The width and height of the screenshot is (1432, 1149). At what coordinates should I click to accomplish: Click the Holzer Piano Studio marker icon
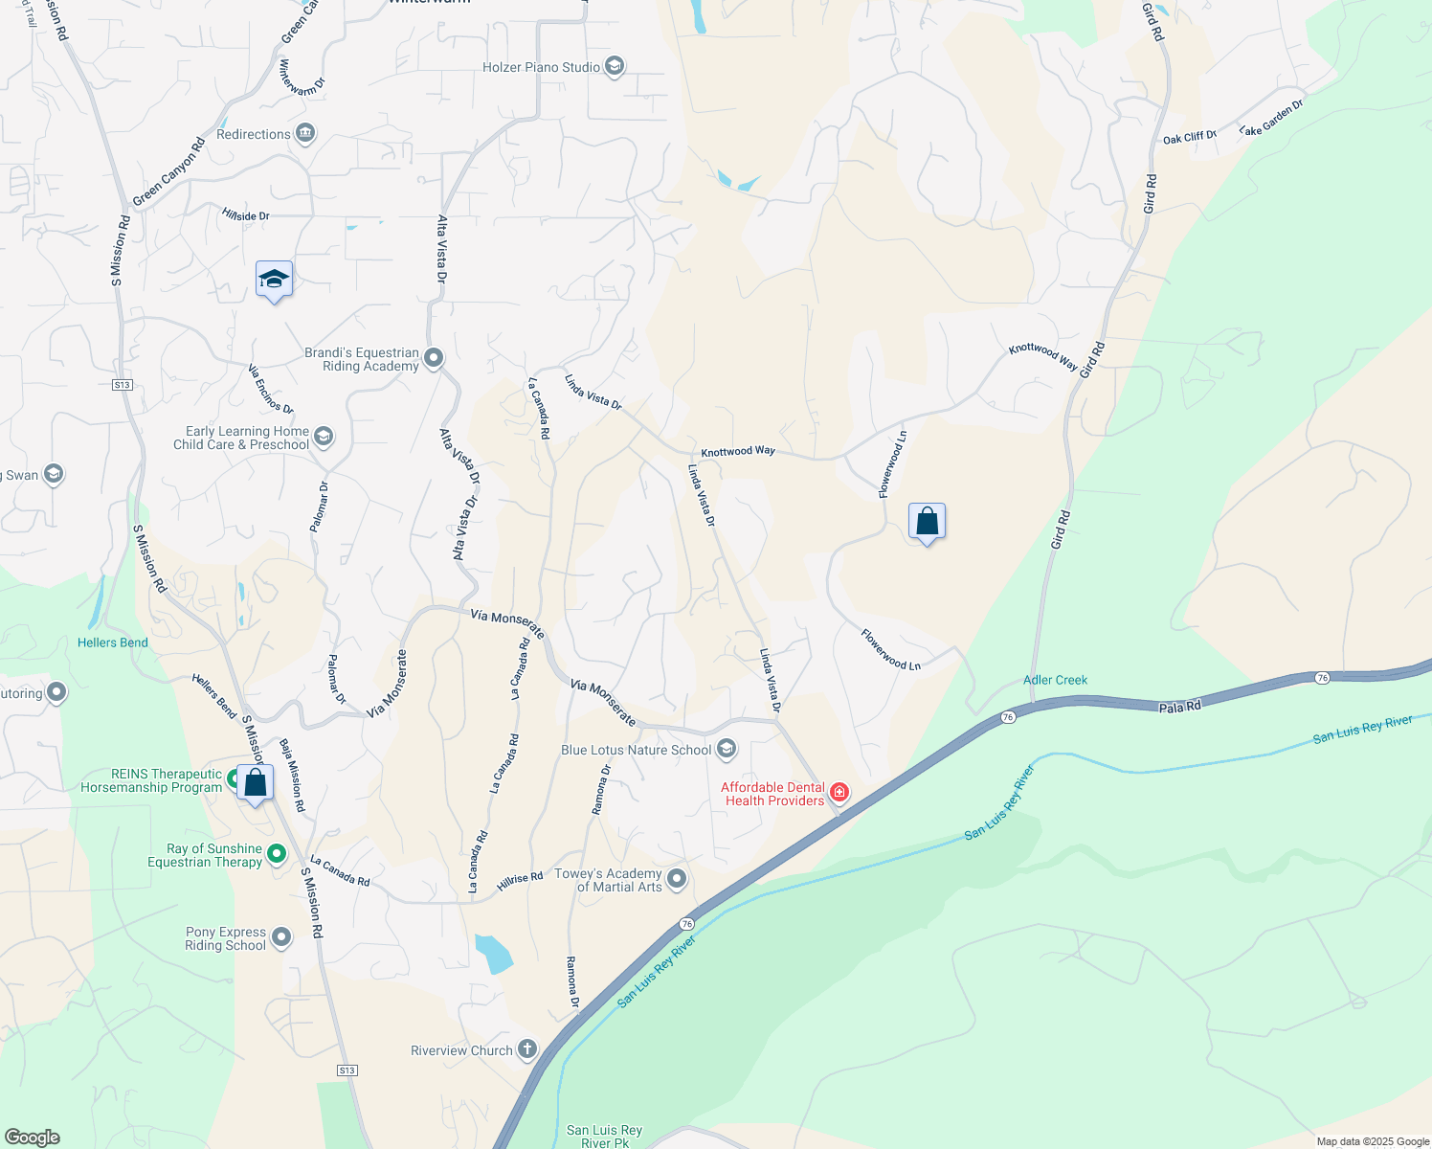[x=615, y=67]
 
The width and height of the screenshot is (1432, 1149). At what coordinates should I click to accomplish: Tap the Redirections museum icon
[x=305, y=133]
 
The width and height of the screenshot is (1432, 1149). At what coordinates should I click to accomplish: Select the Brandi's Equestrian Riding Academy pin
[x=434, y=358]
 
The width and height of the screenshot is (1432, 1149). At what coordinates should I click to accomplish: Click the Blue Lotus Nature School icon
[x=727, y=749]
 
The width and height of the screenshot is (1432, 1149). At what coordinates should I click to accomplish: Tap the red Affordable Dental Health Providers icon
[x=839, y=792]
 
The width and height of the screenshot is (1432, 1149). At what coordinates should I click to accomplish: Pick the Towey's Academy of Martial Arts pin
[x=677, y=879]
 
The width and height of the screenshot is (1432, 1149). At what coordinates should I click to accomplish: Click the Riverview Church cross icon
[x=527, y=1049]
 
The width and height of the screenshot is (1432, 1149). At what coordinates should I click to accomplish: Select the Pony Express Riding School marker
[x=280, y=937]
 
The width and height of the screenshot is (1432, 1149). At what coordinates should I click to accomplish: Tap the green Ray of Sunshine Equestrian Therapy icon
[x=277, y=853]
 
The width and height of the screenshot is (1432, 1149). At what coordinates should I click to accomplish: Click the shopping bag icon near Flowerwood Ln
[x=927, y=522]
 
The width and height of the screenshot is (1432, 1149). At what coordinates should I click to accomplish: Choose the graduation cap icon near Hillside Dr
[x=274, y=280]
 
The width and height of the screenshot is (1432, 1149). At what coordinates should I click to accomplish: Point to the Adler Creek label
[x=1055, y=680]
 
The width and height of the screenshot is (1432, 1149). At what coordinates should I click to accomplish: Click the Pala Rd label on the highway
[x=1179, y=707]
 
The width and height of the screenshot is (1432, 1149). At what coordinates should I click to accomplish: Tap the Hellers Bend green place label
[x=113, y=642]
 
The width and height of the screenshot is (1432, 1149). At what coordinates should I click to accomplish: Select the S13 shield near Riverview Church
[x=347, y=1070]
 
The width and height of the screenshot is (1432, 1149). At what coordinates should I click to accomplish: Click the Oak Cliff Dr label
[x=1189, y=138]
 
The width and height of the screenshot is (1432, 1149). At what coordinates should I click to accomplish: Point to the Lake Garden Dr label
[x=1271, y=118]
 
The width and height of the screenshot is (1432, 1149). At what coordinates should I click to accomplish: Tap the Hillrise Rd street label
[x=520, y=881]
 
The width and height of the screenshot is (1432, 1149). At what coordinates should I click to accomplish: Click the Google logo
[x=32, y=1138]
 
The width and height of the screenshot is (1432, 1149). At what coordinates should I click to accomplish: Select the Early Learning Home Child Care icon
[x=324, y=438]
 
